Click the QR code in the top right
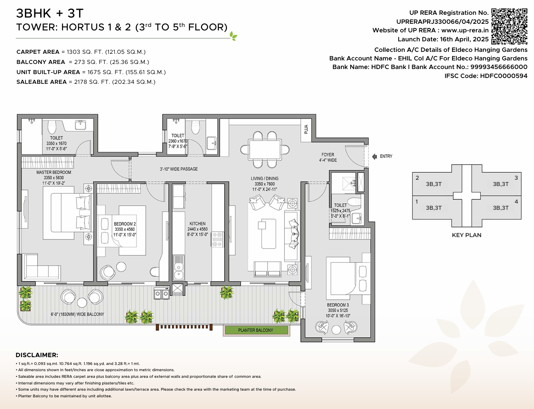pos(509,26)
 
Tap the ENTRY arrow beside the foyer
pos(374,156)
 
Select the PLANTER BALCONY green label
pos(256,330)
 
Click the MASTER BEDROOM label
pos(54,172)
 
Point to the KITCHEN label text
pos(197,224)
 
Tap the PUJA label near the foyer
pos(306,129)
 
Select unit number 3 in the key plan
pos(516,178)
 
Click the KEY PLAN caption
pos(467,235)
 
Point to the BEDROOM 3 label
pos(338,305)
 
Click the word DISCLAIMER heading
pos(37,355)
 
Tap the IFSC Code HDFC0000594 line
pos(486,76)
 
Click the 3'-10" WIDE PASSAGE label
pos(179,169)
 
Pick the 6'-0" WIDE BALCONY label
pos(77,314)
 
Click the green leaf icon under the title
pos(233,36)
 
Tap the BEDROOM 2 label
pos(125,224)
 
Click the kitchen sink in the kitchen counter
pos(179,267)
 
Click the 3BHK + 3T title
pos(50,14)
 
